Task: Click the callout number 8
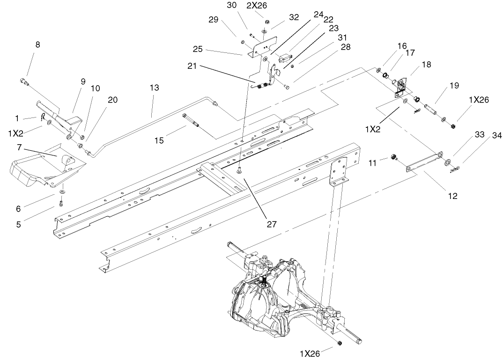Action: point(37,44)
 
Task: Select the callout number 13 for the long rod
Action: point(155,88)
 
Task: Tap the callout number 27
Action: point(272,224)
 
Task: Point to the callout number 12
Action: point(452,196)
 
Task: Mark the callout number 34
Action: point(496,136)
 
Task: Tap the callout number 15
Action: point(159,140)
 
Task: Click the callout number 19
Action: point(454,86)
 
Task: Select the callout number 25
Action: point(197,49)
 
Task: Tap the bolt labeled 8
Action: point(24,82)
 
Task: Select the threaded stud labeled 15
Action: point(191,120)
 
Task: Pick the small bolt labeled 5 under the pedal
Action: point(61,203)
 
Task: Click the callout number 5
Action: point(18,224)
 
